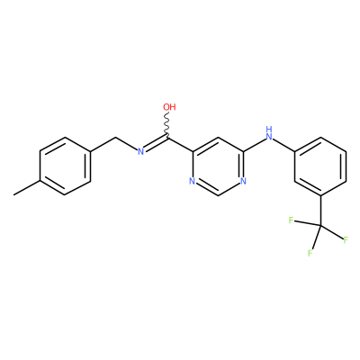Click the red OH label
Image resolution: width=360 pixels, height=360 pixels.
[x=169, y=107]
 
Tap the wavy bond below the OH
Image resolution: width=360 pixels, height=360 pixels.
[x=167, y=125]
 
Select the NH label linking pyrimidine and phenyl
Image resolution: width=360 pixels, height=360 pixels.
[x=269, y=134]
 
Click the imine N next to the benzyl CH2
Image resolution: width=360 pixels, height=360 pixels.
[x=140, y=151]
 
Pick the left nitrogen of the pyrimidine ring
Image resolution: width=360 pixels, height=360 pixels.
[x=193, y=181]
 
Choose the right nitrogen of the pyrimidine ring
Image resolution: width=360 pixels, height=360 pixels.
[x=243, y=181]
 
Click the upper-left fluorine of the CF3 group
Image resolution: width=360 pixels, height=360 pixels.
[x=291, y=220]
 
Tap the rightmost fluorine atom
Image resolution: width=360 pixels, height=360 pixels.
[x=346, y=240]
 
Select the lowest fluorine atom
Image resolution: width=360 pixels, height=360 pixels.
[x=310, y=253]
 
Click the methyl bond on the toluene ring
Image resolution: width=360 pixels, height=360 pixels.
[x=26, y=188]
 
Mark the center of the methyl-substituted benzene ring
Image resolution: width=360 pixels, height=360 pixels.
[x=65, y=166]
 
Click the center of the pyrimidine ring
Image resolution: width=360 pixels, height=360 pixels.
[x=218, y=166]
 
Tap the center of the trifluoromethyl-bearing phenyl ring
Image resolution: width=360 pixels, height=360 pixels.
[x=320, y=166]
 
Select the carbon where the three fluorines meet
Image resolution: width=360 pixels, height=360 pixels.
[x=320, y=226]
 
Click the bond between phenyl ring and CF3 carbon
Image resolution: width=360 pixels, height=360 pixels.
[x=320, y=211]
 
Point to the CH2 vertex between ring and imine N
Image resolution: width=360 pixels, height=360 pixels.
[x=116, y=138]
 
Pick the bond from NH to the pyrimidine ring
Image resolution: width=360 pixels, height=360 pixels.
[x=254, y=145]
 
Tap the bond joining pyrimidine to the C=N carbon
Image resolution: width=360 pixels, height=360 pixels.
[x=180, y=145]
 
